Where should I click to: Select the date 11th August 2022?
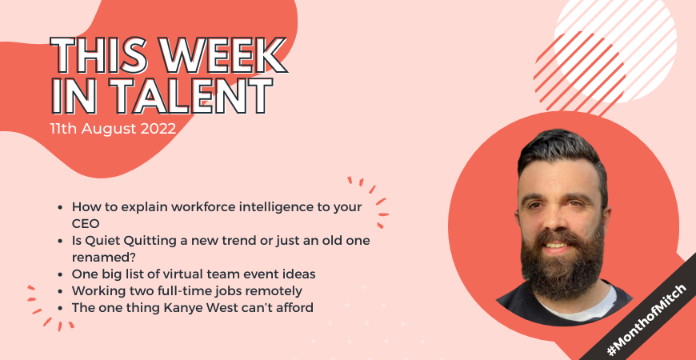[113, 129]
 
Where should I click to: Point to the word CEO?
[86, 224]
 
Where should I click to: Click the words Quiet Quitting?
[126, 242]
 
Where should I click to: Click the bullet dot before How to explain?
[60, 208]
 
